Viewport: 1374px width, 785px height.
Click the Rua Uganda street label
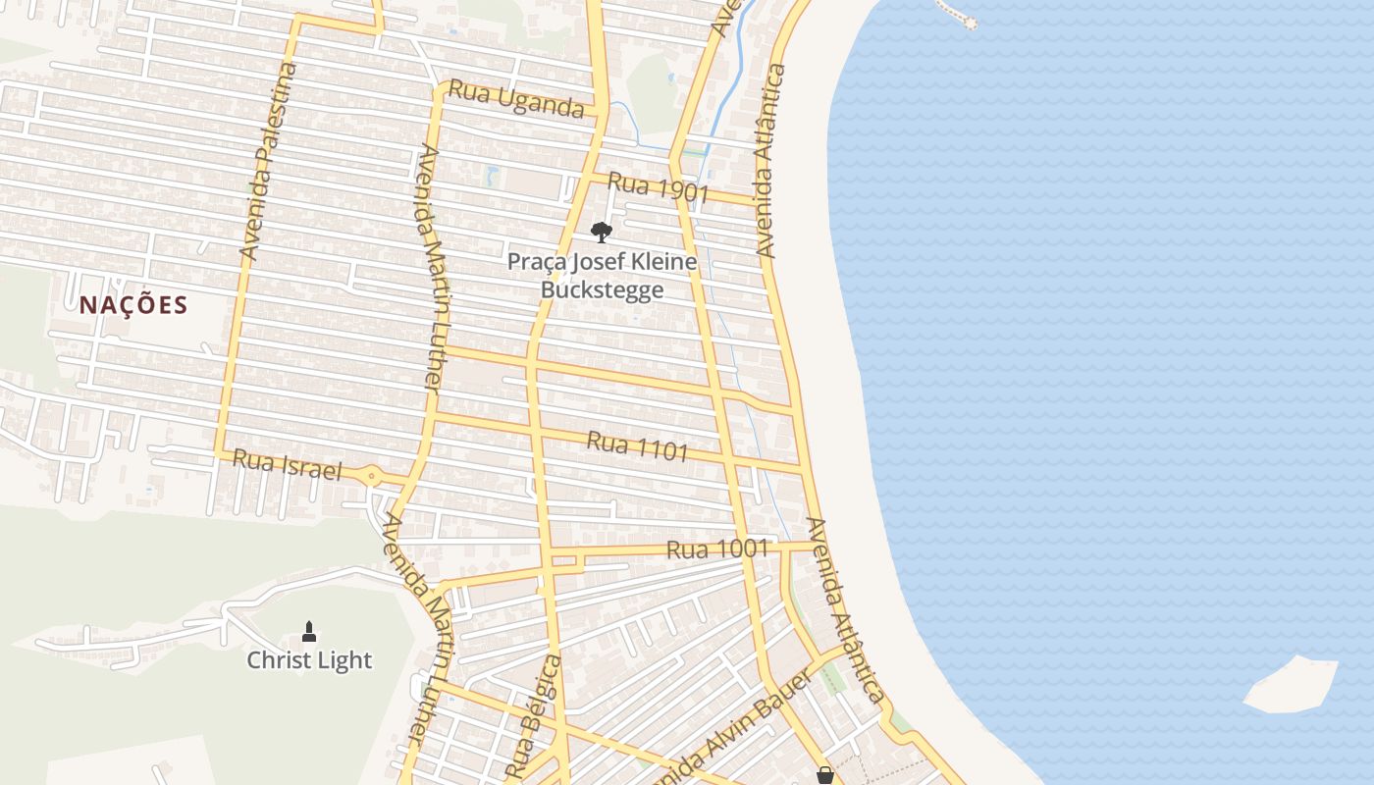[516, 98]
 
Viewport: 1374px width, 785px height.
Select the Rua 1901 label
[658, 186]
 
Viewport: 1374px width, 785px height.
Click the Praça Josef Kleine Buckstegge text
[602, 276]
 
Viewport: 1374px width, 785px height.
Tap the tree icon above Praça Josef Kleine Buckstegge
[602, 233]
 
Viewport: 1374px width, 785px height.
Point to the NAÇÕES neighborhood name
[133, 305]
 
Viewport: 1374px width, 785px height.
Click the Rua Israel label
[288, 465]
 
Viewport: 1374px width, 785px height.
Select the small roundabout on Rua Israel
[372, 477]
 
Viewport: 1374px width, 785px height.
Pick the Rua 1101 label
[637, 446]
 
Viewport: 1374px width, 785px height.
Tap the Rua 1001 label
[717, 549]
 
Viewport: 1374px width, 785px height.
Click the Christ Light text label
[309, 660]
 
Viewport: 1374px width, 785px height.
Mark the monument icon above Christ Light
[309, 631]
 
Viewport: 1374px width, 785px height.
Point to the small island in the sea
[1290, 685]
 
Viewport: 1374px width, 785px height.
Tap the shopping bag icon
[825, 775]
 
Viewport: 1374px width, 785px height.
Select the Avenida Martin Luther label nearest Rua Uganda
[432, 268]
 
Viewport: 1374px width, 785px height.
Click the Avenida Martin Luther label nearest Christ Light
[423, 628]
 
